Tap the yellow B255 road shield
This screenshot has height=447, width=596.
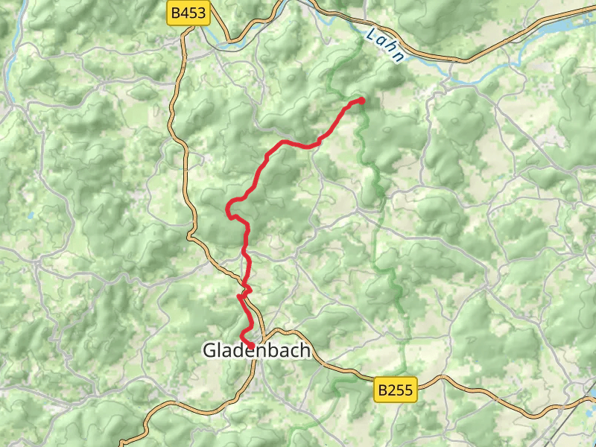coord(394,389)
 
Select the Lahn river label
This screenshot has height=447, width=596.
coord(387,45)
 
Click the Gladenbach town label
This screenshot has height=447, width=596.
coord(256,350)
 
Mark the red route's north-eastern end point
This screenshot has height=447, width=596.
coord(361,100)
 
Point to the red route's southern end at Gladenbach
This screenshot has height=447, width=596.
coord(244,340)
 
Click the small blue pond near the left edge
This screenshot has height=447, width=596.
coord(30,216)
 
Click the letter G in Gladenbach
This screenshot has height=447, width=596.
coord(210,350)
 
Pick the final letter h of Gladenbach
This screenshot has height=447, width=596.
coord(304,350)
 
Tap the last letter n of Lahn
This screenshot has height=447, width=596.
coord(400,57)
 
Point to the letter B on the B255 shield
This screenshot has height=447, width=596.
coord(382,389)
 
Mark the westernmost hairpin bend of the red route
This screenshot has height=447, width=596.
coord(228,209)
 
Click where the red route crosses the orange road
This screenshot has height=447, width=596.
coord(246,289)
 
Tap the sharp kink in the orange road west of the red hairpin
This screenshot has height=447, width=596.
coord(191,237)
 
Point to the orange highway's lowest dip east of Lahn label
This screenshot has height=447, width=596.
coord(447,60)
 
